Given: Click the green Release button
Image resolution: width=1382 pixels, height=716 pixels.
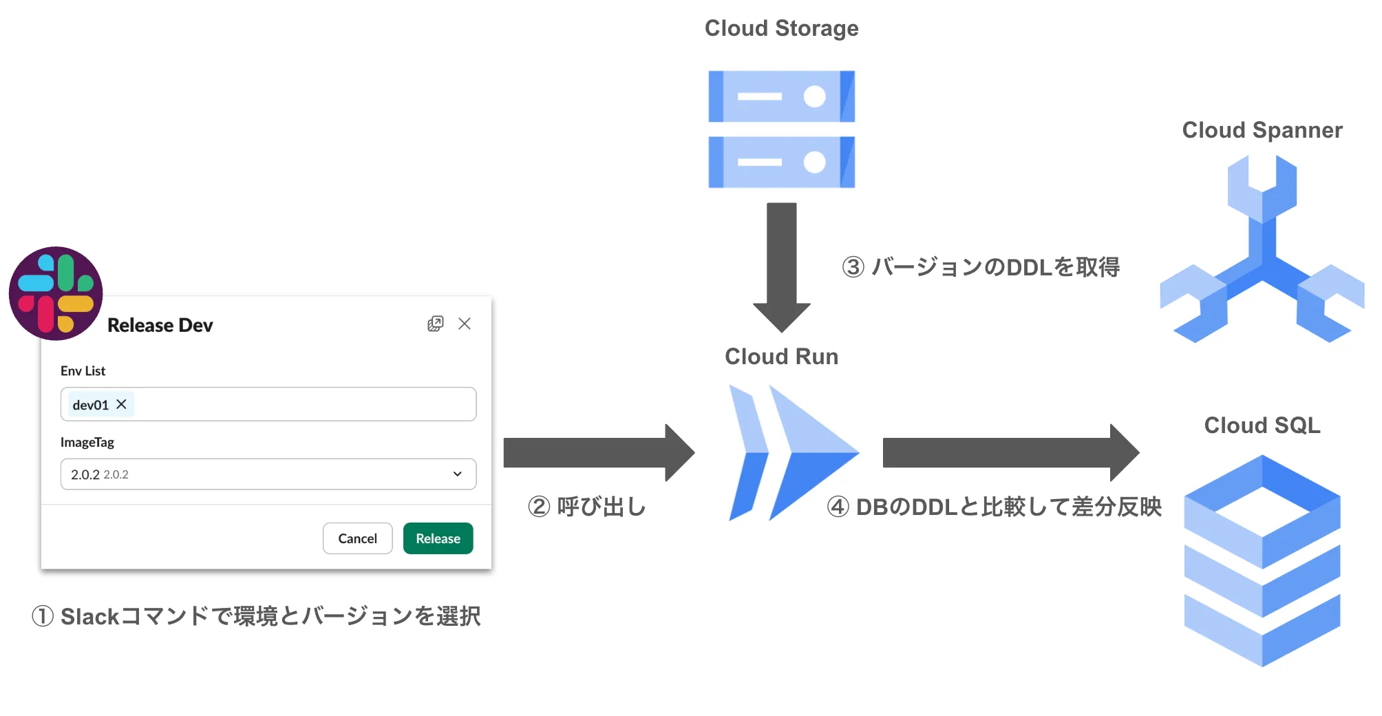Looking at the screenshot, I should (438, 538).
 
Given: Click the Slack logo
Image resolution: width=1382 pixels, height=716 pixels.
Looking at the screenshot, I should (56, 293).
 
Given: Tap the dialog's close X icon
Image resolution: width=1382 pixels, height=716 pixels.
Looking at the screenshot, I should (465, 324).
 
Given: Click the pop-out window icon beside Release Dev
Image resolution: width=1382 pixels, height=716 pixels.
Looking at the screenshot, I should (435, 324).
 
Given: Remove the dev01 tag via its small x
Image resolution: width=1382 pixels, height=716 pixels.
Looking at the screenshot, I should (121, 404).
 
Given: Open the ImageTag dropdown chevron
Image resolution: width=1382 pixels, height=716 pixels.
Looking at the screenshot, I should (457, 474).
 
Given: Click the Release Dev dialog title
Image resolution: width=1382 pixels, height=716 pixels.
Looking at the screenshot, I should (160, 325).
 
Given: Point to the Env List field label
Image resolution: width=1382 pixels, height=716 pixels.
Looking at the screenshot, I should (83, 371).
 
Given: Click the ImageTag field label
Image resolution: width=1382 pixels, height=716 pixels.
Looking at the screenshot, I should (87, 442).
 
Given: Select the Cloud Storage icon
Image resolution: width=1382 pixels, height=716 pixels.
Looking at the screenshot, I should (781, 129).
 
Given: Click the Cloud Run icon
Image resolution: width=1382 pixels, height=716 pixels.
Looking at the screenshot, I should (791, 452).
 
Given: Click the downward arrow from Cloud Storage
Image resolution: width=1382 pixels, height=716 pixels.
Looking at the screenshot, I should (781, 265).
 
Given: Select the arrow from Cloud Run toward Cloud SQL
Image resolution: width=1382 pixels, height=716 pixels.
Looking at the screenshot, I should (1009, 452).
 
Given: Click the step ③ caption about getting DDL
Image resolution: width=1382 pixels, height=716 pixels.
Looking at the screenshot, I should (981, 267).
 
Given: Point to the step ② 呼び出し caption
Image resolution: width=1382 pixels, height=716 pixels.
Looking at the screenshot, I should (587, 507).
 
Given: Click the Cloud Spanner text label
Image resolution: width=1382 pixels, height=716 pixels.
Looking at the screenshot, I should (1262, 130).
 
